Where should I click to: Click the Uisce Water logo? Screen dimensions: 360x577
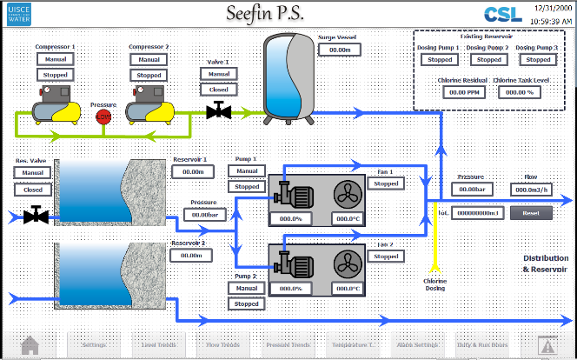click(x=19, y=15)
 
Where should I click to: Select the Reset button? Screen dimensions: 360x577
click(x=531, y=212)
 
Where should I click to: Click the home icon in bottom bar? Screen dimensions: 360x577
click(x=30, y=345)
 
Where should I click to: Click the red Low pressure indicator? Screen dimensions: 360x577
click(x=103, y=117)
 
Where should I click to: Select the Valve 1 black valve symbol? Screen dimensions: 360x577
click(x=217, y=110)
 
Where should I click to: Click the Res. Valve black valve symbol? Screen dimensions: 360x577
click(x=34, y=214)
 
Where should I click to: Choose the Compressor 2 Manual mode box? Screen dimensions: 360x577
click(x=148, y=59)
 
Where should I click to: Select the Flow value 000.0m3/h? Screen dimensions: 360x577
click(x=531, y=190)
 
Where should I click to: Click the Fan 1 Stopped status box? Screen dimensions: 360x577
click(x=387, y=184)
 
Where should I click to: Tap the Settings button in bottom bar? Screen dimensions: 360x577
click(x=94, y=345)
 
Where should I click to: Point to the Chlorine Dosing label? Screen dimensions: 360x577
click(x=435, y=284)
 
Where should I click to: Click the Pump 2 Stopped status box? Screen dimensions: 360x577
click(x=247, y=304)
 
